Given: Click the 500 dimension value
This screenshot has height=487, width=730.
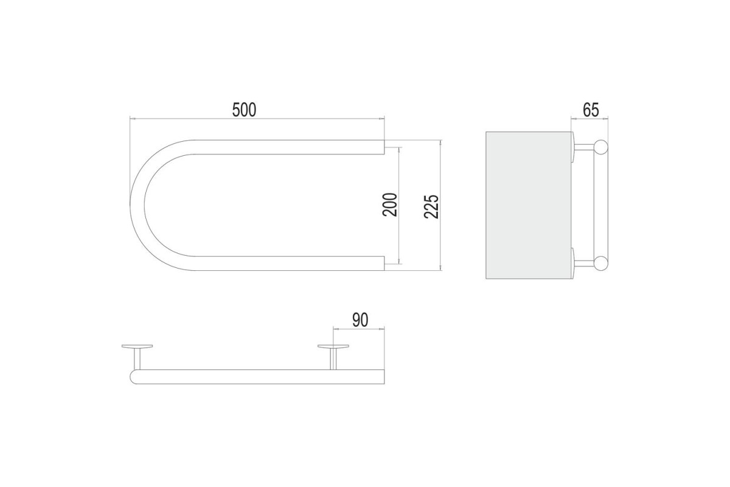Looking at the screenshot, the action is point(244,110).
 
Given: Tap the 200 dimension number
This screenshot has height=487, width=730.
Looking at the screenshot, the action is point(390,205).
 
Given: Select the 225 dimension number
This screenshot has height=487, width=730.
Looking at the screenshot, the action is point(431,206).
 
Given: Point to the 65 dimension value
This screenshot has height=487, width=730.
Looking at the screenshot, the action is point(591,110).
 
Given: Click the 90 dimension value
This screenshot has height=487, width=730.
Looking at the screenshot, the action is point(360,320).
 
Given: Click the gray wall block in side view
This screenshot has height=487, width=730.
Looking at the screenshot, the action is point(529,205).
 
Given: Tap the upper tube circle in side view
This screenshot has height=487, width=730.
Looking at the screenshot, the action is point(601,147).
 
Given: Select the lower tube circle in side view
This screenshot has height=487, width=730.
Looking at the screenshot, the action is point(601,264).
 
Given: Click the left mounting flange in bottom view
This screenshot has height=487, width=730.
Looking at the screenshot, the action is point(137,346).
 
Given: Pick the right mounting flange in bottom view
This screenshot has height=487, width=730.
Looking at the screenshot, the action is point(333,346).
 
